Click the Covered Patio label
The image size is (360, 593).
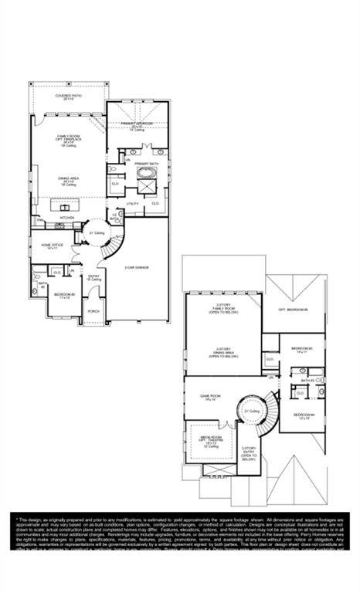tap(68, 97)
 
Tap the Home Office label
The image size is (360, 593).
tap(53, 246)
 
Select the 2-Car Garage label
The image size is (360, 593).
tap(136, 268)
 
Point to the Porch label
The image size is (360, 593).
tap(93, 311)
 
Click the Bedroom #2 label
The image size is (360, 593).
tap(65, 295)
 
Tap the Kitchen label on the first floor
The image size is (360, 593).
tap(67, 218)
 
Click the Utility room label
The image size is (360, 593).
tap(132, 203)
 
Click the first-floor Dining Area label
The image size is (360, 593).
tap(68, 182)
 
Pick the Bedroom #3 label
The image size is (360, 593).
tap(301, 350)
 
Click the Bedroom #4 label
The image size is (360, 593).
tap(304, 416)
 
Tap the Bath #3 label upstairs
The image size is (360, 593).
tap(307, 380)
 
